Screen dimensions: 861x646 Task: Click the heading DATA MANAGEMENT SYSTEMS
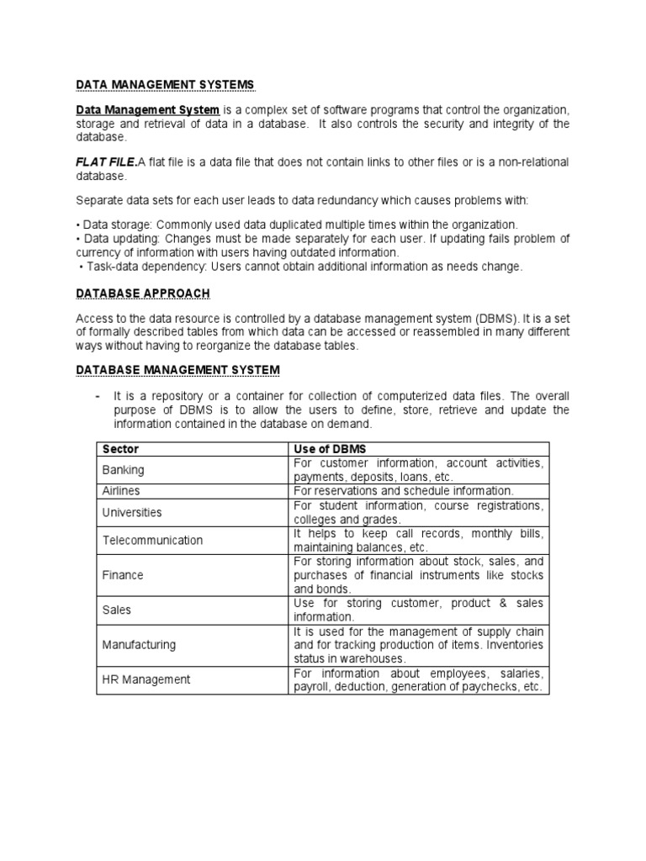point(165,85)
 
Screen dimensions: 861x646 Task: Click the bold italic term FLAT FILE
point(106,162)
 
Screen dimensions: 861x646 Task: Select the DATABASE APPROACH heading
point(143,293)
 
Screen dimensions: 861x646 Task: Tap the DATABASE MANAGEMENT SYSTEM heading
point(177,370)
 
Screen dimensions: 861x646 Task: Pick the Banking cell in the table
point(123,470)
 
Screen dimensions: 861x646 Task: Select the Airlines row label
point(121,490)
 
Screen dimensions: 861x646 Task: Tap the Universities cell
point(132,512)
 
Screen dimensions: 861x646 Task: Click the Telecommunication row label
point(152,540)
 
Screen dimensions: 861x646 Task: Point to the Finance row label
point(123,575)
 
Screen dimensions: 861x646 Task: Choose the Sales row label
point(116,610)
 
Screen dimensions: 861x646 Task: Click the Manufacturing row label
point(139,645)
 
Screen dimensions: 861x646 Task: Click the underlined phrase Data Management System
point(148,110)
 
